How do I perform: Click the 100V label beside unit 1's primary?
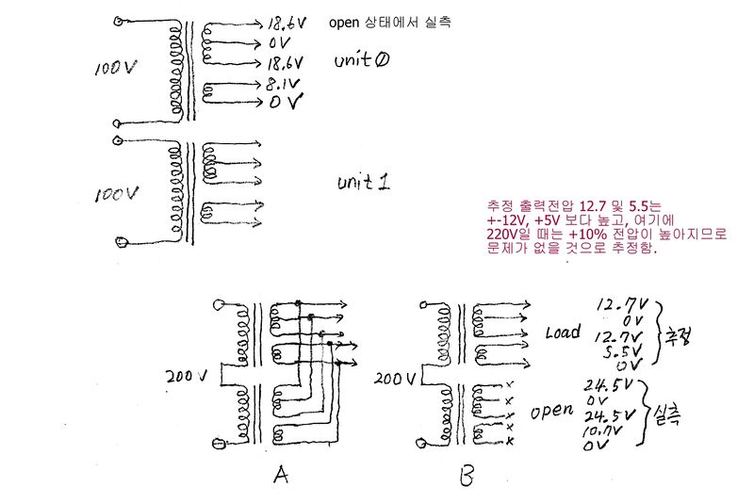coord(118,193)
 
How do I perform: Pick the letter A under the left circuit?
coord(279,477)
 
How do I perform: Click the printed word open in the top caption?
coord(345,21)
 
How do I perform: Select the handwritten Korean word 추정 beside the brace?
coord(677,334)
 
